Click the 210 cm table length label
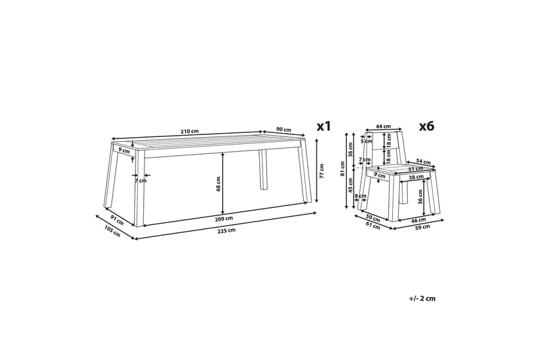(190, 131)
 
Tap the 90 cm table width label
(283, 130)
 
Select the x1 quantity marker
(324, 126)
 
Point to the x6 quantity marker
(427, 126)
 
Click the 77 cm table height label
(321, 171)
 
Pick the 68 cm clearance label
(218, 184)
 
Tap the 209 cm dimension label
(224, 218)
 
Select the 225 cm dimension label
(227, 230)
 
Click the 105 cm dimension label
(112, 231)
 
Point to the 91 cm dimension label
(117, 220)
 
